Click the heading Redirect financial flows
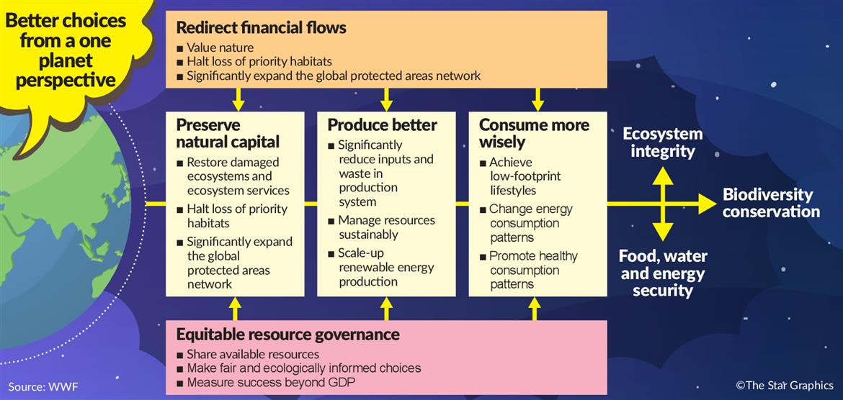pos(262,27)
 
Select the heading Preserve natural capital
pos(228,133)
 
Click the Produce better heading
pos(383,125)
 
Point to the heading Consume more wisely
pos(534,133)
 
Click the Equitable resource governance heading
pos(287,335)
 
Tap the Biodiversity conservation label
pos(771,202)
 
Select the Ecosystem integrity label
pos(663,142)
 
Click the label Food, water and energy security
pos(663,273)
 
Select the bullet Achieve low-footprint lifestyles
pos(513,176)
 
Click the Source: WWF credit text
pos(39,386)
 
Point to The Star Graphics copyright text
pos(785,385)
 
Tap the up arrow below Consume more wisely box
pos(535,309)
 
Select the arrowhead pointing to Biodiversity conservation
pos(708,204)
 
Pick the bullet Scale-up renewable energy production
pos(386,267)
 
